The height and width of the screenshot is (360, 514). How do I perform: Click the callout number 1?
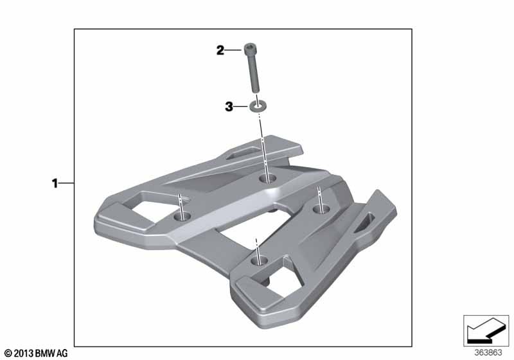coord(55,183)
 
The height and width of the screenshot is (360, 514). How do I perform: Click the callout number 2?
coord(220,51)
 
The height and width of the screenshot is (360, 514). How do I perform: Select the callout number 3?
coord(229,107)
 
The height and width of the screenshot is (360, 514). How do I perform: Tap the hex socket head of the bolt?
coord(250,48)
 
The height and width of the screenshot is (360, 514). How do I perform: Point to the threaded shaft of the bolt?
coord(254,73)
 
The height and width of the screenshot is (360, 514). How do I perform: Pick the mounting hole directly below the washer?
coord(267,179)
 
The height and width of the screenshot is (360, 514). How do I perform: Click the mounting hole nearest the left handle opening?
coord(182,216)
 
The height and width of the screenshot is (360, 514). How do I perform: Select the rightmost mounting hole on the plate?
coord(321,208)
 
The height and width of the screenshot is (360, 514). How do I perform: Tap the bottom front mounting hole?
coord(260,260)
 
